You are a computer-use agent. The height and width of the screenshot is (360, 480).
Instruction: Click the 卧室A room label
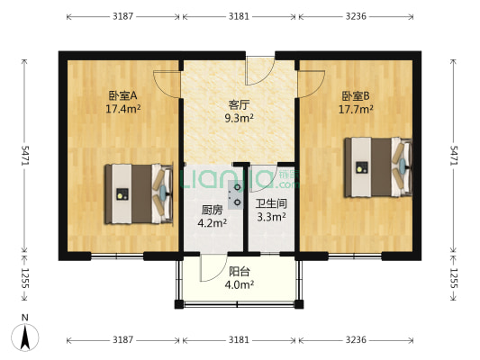click(122, 94)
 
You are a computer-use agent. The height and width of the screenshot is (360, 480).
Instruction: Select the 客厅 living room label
click(239, 103)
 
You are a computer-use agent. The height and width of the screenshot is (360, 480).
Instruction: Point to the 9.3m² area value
click(239, 118)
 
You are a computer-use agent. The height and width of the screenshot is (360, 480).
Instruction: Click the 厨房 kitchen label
click(213, 210)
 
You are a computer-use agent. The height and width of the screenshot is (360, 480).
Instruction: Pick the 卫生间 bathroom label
click(271, 203)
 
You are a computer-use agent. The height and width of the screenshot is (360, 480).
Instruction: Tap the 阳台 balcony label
click(240, 271)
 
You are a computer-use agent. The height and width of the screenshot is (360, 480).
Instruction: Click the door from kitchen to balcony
click(213, 268)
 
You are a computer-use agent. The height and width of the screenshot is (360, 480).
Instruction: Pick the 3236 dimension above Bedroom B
click(357, 16)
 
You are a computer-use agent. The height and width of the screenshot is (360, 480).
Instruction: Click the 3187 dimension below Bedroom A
click(123, 340)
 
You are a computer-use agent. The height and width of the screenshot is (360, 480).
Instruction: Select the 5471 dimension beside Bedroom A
click(26, 155)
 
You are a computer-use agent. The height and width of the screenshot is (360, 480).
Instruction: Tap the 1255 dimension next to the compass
click(26, 278)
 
